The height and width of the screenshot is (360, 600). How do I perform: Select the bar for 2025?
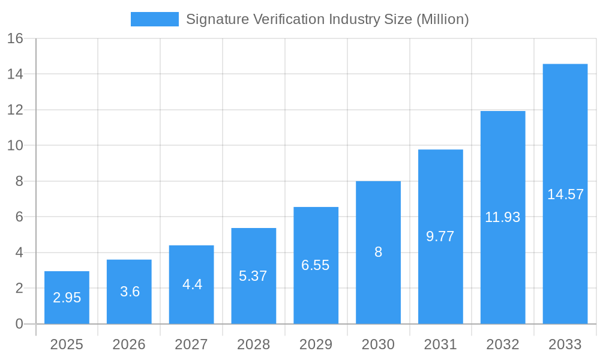coord(67,298)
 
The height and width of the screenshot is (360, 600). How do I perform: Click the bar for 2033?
coord(565,194)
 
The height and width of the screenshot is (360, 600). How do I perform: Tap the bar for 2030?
coord(378,253)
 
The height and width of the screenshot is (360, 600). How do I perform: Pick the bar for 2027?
coord(191,284)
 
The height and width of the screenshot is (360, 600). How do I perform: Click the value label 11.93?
coord(502,217)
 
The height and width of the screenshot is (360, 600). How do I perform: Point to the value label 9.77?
coord(440,236)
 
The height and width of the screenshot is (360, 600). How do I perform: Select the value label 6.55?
coord(316,265)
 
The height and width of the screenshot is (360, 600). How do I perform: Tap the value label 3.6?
coord(129,292)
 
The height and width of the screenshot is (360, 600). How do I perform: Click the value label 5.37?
coord(253,276)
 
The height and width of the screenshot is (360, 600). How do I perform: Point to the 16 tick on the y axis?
coord(15,38)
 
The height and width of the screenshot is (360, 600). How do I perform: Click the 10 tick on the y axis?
coord(15,145)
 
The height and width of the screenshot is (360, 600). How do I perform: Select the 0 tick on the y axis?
coord(19,324)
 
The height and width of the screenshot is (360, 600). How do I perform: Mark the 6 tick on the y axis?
coord(19,217)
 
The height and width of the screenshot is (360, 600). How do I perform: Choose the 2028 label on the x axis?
coord(253,344)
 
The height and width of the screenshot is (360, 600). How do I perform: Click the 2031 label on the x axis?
coord(440,344)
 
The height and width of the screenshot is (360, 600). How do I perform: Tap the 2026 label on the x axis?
coord(129,344)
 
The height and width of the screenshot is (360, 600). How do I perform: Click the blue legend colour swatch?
coord(155,19)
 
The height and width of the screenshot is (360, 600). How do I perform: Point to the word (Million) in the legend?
coord(442,19)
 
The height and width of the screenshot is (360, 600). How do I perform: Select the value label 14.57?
coord(565,194)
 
